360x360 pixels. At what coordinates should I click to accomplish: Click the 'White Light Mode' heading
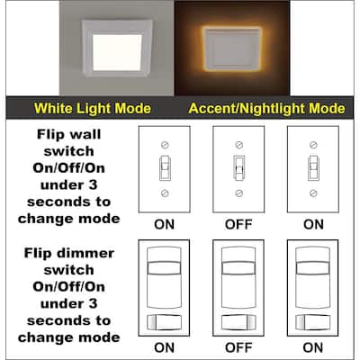coord(93,108)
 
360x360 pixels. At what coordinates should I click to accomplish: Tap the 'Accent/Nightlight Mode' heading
coord(266,109)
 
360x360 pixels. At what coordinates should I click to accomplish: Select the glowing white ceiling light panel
coord(117,53)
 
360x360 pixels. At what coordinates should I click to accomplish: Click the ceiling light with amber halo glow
coord(232,49)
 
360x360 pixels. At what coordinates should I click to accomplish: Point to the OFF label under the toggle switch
coord(238,224)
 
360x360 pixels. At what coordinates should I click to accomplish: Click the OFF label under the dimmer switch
coord(238,347)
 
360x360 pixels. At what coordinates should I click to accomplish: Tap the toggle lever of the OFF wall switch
coord(238,168)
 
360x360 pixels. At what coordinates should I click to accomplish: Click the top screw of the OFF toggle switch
coord(238,145)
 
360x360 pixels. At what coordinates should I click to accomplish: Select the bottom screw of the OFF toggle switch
coord(238,193)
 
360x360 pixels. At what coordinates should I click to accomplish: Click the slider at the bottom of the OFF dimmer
coord(238,322)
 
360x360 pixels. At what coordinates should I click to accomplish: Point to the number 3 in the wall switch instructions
coord(93,184)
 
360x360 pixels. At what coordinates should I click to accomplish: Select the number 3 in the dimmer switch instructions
coord(93,303)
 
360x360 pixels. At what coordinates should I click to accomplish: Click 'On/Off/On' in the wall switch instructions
coord(69,168)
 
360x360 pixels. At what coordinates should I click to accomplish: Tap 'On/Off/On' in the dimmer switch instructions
coord(69,287)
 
